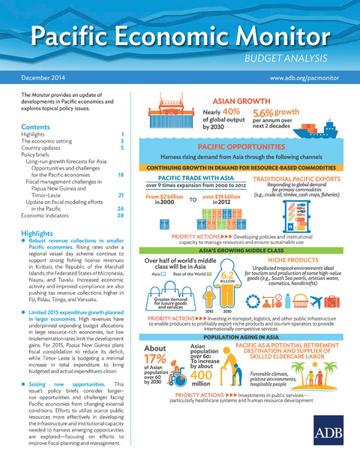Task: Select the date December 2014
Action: point(43,77)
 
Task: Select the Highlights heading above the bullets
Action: point(37,234)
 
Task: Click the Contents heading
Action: point(36,127)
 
